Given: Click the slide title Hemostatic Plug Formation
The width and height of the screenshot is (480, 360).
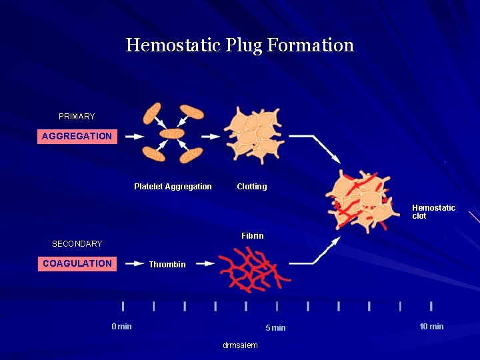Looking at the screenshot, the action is click(240, 45).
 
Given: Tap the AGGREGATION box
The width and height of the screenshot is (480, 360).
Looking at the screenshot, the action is click(77, 136).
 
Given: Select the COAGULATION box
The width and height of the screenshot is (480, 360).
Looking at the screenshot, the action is click(77, 263).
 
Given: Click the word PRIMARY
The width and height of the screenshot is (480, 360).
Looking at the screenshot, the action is click(77, 117).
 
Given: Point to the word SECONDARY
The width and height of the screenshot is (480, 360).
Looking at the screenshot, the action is click(77, 244).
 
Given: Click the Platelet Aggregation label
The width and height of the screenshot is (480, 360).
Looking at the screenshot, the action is click(173, 187).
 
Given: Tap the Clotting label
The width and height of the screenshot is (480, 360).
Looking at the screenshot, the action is click(252, 187).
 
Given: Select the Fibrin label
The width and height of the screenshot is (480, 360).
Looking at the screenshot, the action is click(253, 236).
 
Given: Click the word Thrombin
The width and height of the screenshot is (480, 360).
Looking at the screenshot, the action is click(167, 265).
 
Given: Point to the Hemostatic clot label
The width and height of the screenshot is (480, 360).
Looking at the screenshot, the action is click(433, 212).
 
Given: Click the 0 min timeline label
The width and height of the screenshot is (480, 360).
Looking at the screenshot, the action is click(121, 327).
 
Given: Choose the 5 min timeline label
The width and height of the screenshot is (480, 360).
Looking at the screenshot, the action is click(275, 327).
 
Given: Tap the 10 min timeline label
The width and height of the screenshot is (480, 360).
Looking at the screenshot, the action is click(431, 327).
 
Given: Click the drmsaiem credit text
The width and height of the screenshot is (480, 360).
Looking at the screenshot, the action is click(240, 345).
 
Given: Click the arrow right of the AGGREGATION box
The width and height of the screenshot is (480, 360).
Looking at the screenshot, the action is click(135, 136).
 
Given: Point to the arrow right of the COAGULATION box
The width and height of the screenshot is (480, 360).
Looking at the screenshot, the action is click(135, 263).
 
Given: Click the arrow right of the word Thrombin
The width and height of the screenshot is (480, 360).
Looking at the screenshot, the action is click(205, 264).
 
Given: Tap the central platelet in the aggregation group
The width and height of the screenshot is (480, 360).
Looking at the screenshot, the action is click(173, 133).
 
